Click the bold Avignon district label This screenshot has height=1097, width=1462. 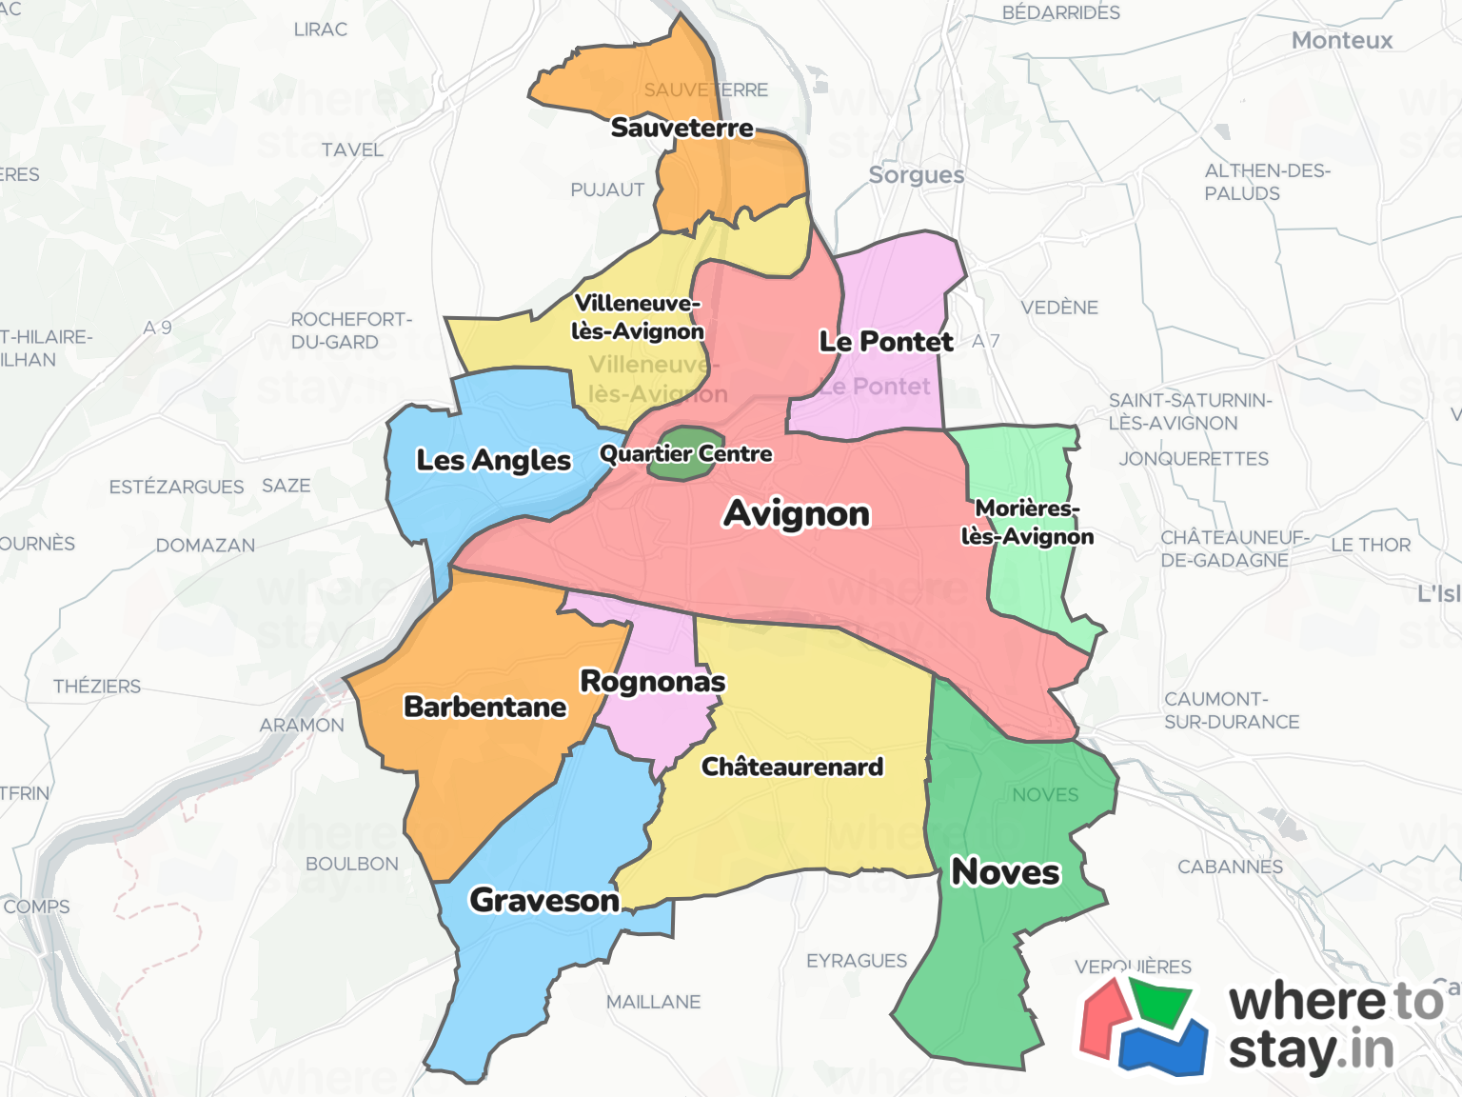797,513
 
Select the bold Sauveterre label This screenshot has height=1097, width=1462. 682,128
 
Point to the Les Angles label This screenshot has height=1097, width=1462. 493,460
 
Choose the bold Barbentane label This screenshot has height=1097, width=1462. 484,707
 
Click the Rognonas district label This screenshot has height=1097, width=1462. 653,682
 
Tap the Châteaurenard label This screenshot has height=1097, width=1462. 792,767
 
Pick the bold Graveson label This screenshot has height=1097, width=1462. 544,900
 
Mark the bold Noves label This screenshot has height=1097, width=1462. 1005,871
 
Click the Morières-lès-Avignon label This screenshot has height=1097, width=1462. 1027,523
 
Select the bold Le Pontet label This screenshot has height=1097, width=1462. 886,342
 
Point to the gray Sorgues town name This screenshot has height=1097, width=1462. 917,175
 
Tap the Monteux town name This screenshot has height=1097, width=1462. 1341,41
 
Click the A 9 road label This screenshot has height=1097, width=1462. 158,328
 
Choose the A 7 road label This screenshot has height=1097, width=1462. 986,341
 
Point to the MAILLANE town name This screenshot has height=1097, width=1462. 653,1002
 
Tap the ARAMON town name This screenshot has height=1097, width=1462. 302,726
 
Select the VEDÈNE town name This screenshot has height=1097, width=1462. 1059,308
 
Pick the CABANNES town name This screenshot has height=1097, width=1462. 1230,868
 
